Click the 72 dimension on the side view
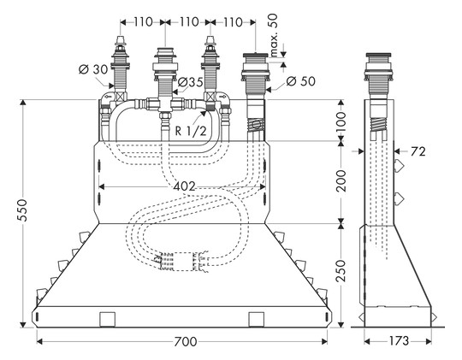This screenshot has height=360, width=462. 418,151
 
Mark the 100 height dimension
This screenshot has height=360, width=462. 341,121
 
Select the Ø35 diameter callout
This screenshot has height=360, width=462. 190,83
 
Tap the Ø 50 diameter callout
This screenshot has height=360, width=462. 301,81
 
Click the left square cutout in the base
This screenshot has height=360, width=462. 108,320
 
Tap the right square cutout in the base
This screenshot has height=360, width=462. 255,320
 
